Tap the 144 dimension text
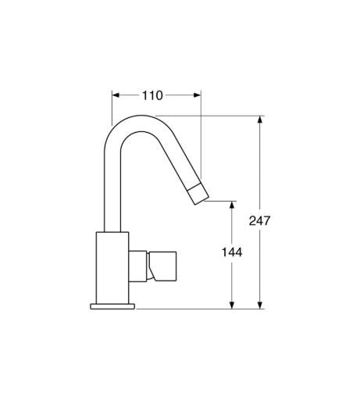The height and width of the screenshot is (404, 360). pos(231,252)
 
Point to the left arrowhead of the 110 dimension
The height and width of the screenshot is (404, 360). pos(116,95)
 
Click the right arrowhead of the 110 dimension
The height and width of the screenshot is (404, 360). pos(198,95)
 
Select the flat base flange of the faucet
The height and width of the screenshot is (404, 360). pos(114,304)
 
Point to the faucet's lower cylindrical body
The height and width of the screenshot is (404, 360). pos(112,266)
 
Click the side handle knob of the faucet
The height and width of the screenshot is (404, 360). pos(165,266)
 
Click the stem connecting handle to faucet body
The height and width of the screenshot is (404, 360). pos(139,266)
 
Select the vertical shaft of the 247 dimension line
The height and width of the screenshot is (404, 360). pos(259,172)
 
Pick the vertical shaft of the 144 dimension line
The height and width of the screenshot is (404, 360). pos(231,281)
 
